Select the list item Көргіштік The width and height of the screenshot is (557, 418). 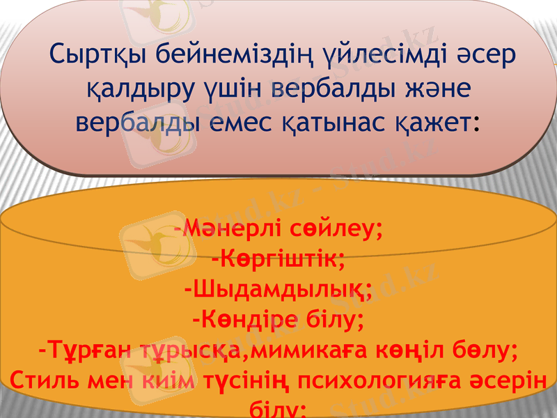tap(279, 260)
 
